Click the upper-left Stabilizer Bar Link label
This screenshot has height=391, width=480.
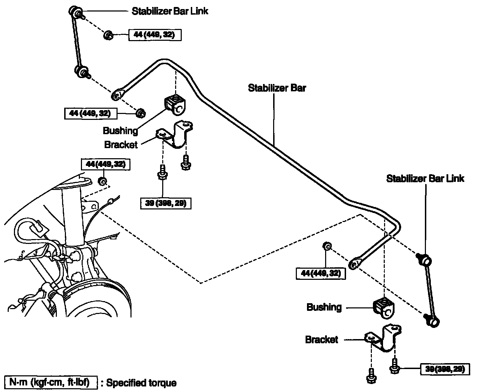170,11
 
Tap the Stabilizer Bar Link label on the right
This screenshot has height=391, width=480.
425,179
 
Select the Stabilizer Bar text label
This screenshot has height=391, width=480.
277,88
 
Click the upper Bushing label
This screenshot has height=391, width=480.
120,131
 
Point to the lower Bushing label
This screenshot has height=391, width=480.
324,307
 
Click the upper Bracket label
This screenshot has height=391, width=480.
121,144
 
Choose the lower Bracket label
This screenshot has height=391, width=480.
322,339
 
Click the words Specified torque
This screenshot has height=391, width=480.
141,383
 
